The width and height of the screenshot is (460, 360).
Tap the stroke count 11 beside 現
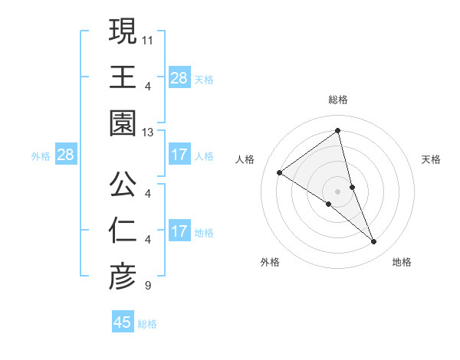(148, 39)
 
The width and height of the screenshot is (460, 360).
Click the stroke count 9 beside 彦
(147, 286)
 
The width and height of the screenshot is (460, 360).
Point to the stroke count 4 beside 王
(147, 87)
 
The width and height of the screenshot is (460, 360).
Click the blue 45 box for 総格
(123, 322)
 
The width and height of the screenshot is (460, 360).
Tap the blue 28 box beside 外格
(65, 155)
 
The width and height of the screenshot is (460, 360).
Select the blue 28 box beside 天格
(179, 77)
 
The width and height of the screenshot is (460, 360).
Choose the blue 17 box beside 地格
(179, 231)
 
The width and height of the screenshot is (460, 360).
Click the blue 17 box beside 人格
(179, 155)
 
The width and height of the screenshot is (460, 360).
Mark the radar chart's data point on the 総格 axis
(338, 131)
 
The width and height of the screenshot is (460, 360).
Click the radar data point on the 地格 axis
(374, 241)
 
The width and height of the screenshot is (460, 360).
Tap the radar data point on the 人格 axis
(280, 172)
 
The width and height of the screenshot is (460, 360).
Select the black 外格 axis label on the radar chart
(270, 262)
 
